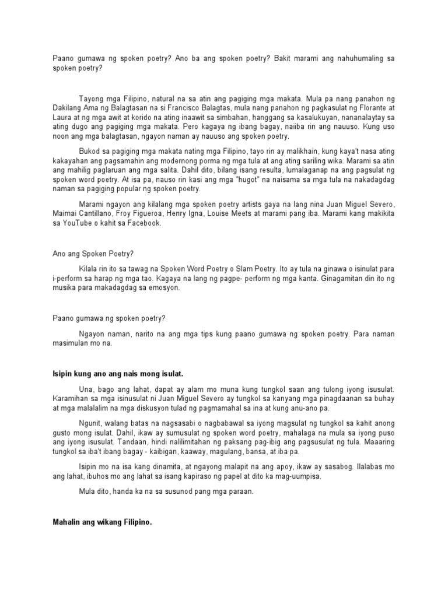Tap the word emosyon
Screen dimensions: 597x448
pyautogui.click(x=166, y=288)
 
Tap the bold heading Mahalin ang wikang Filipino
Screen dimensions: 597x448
pyautogui.click(x=102, y=522)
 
